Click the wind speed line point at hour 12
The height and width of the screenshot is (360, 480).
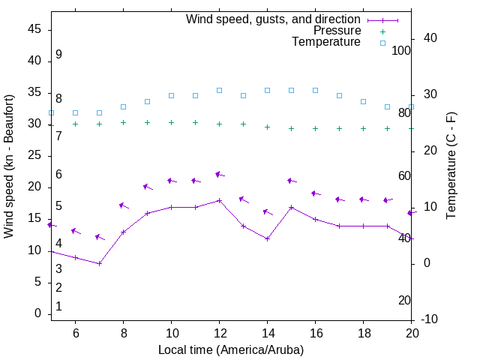[x=219, y=200]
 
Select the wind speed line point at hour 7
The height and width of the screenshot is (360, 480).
[x=99, y=263]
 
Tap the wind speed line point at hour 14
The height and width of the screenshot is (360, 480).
[x=267, y=238]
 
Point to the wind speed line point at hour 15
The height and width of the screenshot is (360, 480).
[x=291, y=207]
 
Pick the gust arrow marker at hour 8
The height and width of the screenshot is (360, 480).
[x=123, y=205]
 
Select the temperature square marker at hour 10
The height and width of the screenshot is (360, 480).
[x=171, y=96]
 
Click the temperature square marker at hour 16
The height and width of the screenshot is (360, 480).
[x=315, y=90]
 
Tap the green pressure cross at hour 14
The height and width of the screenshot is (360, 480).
[x=267, y=127]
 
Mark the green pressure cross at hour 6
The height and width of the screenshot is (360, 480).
[x=75, y=124]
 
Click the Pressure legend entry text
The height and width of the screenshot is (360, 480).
[x=337, y=31]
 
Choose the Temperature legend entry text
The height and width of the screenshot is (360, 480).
[x=326, y=42]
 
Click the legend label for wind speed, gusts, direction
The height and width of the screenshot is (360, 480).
[x=273, y=19]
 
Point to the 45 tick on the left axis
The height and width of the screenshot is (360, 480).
[x=33, y=29]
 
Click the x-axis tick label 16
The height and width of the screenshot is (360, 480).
[x=315, y=332]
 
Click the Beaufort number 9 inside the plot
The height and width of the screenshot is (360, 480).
[x=58, y=55]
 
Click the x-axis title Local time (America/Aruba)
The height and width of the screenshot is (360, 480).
[x=231, y=349]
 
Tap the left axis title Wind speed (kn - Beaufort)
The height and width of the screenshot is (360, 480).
[x=9, y=166]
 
